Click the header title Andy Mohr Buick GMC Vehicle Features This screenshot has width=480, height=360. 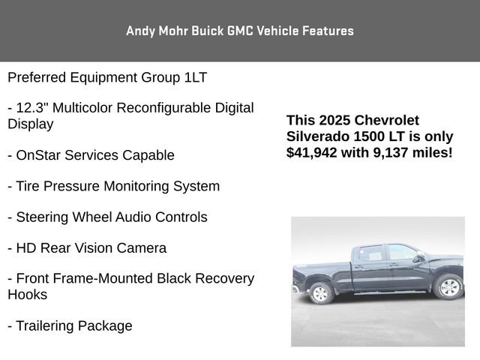click(x=240, y=31)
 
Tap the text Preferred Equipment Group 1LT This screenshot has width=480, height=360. click(x=107, y=77)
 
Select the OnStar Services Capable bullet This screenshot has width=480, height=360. click(x=91, y=155)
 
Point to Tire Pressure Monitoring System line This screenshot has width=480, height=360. click(x=113, y=186)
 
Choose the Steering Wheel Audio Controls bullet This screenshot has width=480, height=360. click(x=107, y=217)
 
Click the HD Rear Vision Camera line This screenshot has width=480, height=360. click(x=87, y=247)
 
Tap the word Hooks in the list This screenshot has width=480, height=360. click(x=27, y=295)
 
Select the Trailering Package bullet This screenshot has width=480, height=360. click(x=70, y=325)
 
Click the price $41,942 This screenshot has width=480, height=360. click(x=311, y=152)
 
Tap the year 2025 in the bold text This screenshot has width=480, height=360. click(x=334, y=120)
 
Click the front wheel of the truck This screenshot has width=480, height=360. click(x=449, y=286)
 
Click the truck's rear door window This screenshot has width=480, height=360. click(x=371, y=253)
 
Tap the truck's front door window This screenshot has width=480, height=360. click(x=401, y=252)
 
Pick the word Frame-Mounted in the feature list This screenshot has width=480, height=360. click(x=106, y=278)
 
